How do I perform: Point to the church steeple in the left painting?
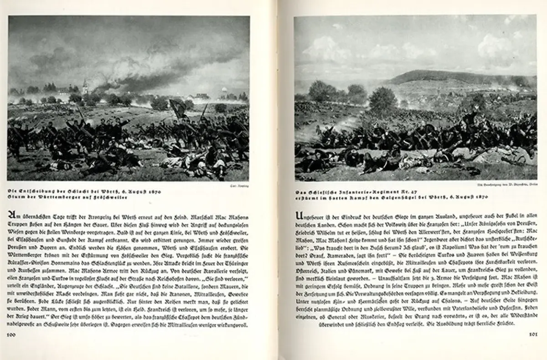85,86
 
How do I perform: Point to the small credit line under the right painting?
513,186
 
